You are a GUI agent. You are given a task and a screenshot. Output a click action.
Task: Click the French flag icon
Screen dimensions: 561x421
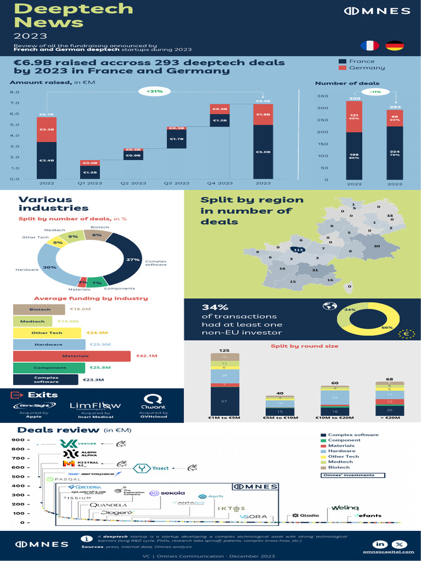369,45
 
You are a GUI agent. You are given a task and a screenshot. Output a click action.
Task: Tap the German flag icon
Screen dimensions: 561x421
395,45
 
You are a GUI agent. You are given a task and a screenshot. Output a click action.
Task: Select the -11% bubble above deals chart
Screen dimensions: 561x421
375,91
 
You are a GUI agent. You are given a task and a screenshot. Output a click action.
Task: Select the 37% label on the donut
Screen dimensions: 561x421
132,259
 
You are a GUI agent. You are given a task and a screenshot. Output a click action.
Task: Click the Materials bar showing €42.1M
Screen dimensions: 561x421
72,357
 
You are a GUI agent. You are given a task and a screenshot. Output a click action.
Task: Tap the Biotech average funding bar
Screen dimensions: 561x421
39,310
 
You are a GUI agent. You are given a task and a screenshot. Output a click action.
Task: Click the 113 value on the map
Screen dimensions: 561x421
298,250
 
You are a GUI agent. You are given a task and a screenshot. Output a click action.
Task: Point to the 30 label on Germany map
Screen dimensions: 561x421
377,247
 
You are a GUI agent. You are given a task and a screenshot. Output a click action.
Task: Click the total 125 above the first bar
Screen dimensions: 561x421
224,350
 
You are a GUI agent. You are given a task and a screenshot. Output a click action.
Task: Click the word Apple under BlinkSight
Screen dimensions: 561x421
33,417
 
